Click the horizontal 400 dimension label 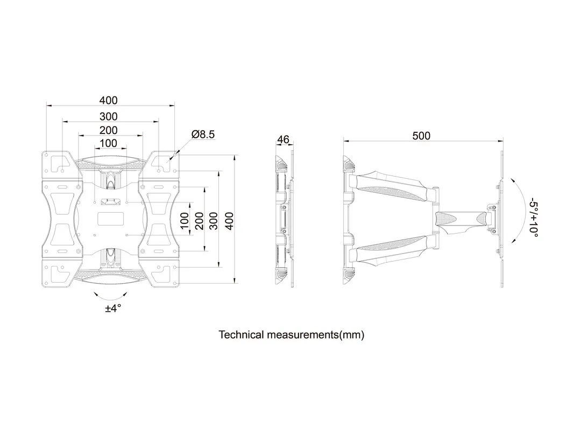pyautogui.click(x=108, y=101)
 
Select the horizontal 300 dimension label pyautogui.click(x=108, y=116)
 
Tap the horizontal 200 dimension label pyautogui.click(x=108, y=130)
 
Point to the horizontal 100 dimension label pyautogui.click(x=108, y=143)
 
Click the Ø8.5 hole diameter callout pyautogui.click(x=203, y=135)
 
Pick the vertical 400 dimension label pyautogui.click(x=229, y=220)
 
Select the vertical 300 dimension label pyautogui.click(x=214, y=220)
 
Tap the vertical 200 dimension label pyautogui.click(x=200, y=220)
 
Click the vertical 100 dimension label pyautogui.click(x=185, y=220)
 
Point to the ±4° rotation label pyautogui.click(x=113, y=308)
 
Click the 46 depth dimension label pyautogui.click(x=283, y=140)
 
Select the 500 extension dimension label pyautogui.click(x=421, y=136)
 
